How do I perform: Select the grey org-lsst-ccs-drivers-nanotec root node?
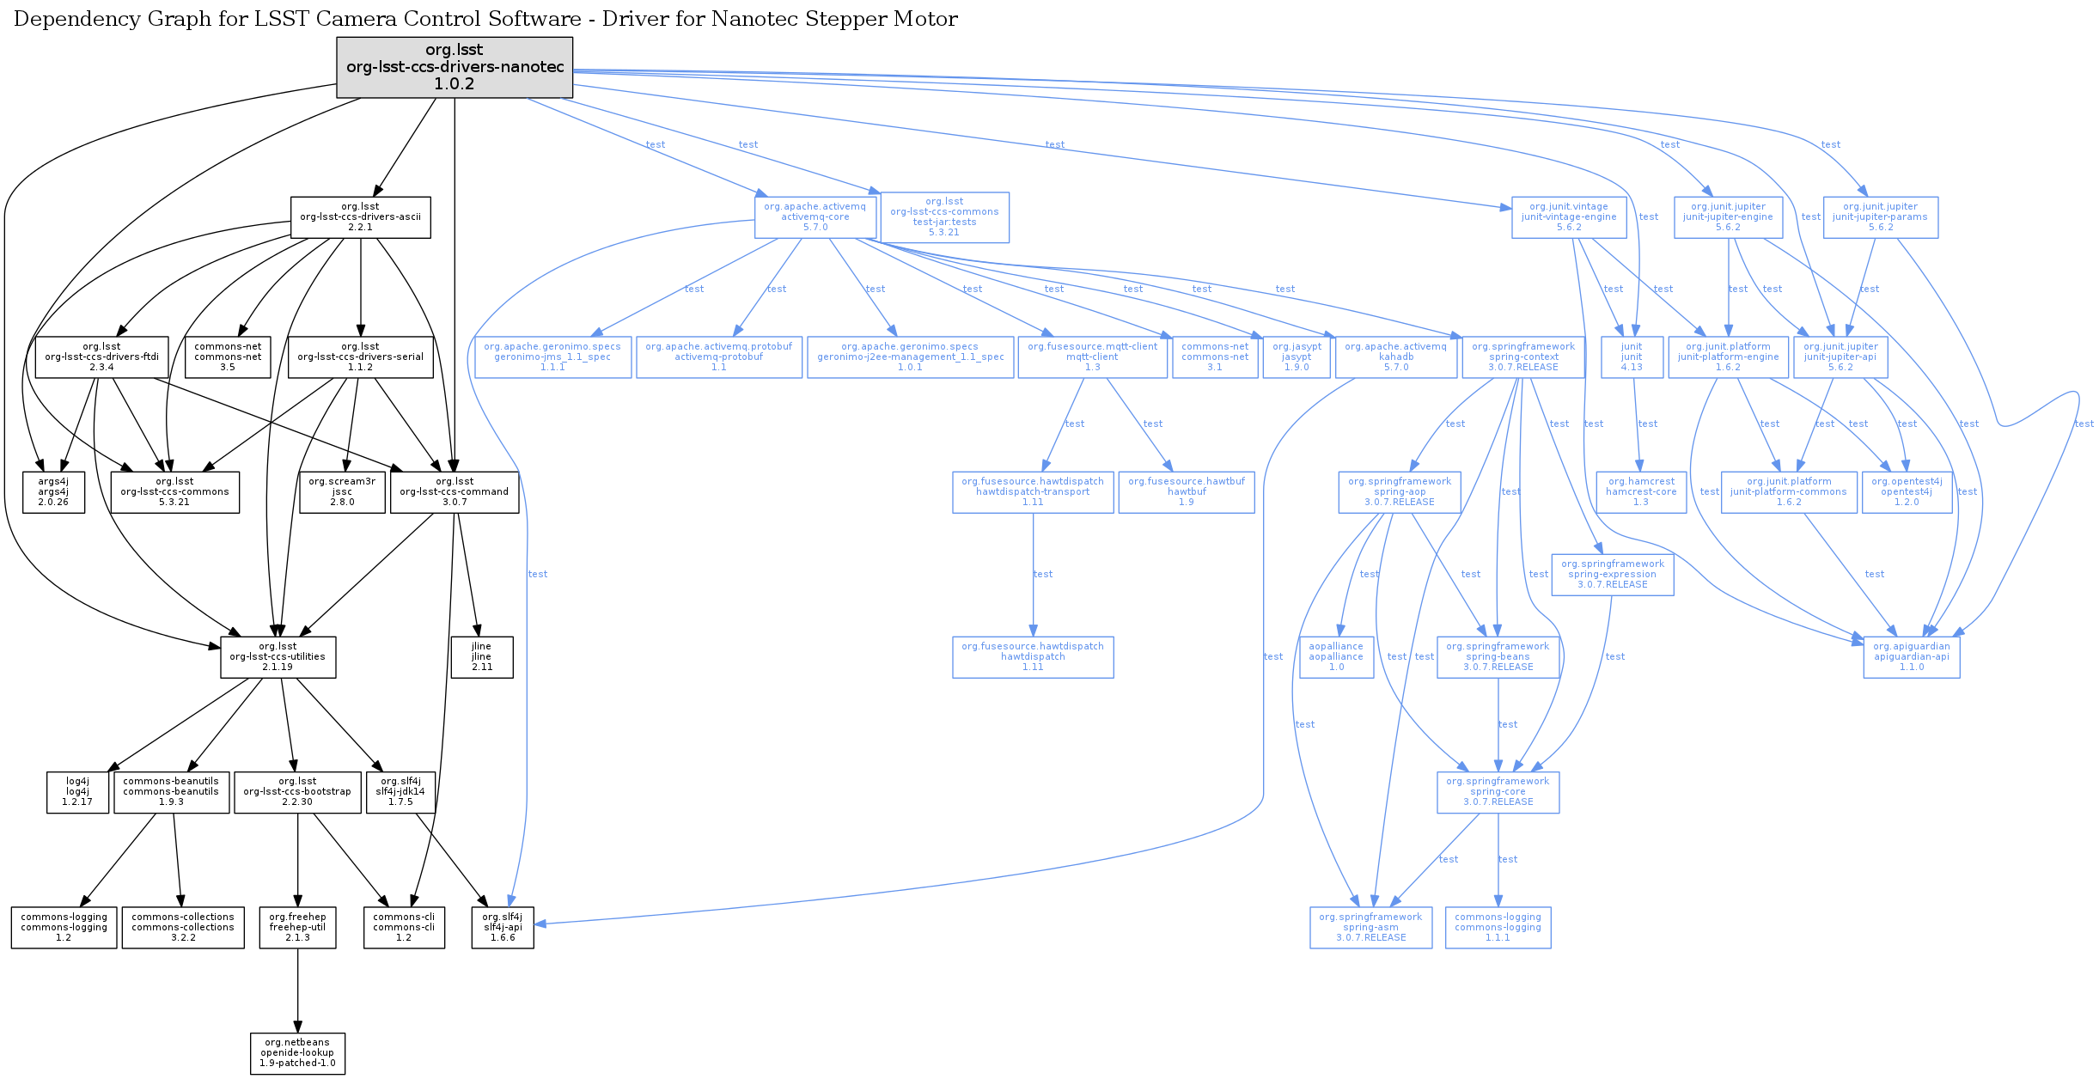455,67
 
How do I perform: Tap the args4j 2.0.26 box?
53,492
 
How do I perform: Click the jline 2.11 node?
482,657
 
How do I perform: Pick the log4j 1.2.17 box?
77,792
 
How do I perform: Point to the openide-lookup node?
297,1053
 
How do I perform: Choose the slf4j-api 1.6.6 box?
503,928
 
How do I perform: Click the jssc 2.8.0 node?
342,492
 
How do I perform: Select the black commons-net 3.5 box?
228,357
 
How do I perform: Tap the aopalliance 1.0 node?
1336,657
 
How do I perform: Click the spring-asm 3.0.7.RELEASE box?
1370,928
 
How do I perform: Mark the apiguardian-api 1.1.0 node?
1912,657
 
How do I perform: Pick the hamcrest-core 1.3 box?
1641,492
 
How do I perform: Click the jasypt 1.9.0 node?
1297,357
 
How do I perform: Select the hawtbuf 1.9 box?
1187,492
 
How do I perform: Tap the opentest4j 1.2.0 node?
1907,492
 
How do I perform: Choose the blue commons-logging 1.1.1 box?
1498,928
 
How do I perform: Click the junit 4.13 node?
1632,357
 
